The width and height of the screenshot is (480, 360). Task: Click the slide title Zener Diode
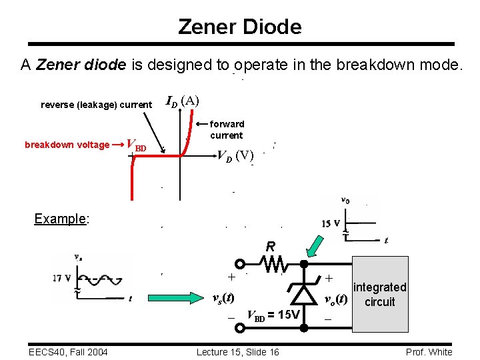click(240, 27)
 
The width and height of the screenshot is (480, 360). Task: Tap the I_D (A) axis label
click(181, 101)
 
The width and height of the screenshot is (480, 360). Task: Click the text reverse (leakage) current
click(96, 105)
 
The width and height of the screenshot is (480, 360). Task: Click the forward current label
click(227, 129)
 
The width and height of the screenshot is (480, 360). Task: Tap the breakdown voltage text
click(67, 145)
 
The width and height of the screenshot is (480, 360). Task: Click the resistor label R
click(271, 247)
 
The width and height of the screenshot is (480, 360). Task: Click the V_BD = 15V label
click(273, 314)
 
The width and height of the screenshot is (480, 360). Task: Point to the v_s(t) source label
click(222, 298)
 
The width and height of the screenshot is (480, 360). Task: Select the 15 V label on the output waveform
click(331, 223)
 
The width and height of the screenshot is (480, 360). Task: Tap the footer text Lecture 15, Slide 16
click(238, 352)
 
